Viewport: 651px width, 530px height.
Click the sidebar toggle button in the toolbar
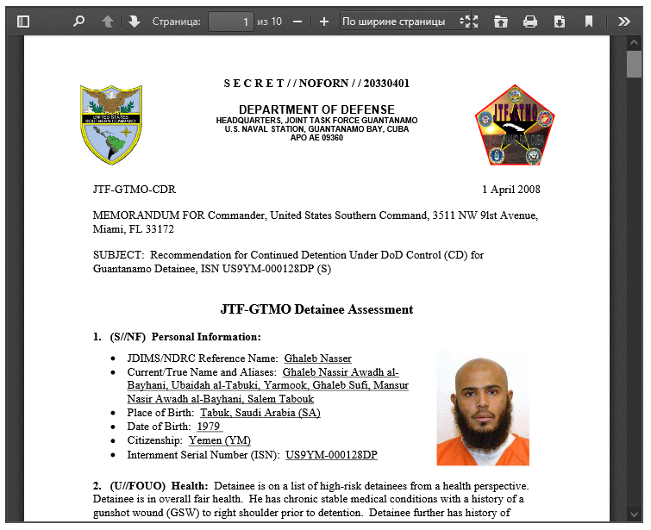point(23,22)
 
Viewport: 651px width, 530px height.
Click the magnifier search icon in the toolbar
point(79,22)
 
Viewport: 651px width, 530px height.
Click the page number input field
point(230,22)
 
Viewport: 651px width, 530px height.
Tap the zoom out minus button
point(297,22)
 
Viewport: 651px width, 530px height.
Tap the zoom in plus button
point(324,22)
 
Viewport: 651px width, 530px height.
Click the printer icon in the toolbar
point(530,22)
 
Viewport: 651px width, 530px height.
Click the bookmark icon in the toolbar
point(589,22)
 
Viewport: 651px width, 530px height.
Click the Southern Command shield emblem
point(111,125)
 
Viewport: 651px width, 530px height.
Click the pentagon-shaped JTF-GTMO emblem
point(515,125)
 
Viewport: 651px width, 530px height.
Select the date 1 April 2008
point(511,190)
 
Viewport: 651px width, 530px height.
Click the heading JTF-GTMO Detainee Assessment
point(316,309)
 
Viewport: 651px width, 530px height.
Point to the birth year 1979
point(210,427)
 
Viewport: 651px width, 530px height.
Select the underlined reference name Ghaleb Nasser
point(317,359)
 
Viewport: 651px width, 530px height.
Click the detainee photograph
point(482,408)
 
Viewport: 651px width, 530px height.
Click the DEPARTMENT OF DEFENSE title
point(316,109)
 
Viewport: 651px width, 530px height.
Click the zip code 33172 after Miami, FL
point(160,229)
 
